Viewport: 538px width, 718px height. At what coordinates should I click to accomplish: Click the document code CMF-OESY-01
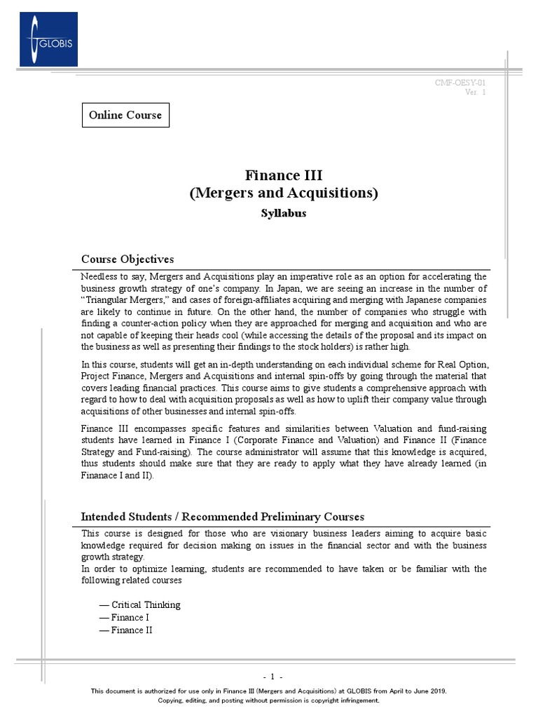click(460, 83)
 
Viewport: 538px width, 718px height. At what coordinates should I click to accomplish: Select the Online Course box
click(125, 115)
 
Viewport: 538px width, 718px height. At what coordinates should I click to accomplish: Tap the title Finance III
click(283, 175)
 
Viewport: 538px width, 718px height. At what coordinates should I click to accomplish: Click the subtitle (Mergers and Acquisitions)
click(283, 193)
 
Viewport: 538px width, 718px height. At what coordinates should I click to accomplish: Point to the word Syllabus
click(283, 213)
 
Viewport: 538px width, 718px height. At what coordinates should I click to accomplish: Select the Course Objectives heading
click(127, 259)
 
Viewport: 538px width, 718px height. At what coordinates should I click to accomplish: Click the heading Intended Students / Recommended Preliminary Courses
click(223, 517)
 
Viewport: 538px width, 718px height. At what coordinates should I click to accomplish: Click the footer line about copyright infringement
click(268, 700)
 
